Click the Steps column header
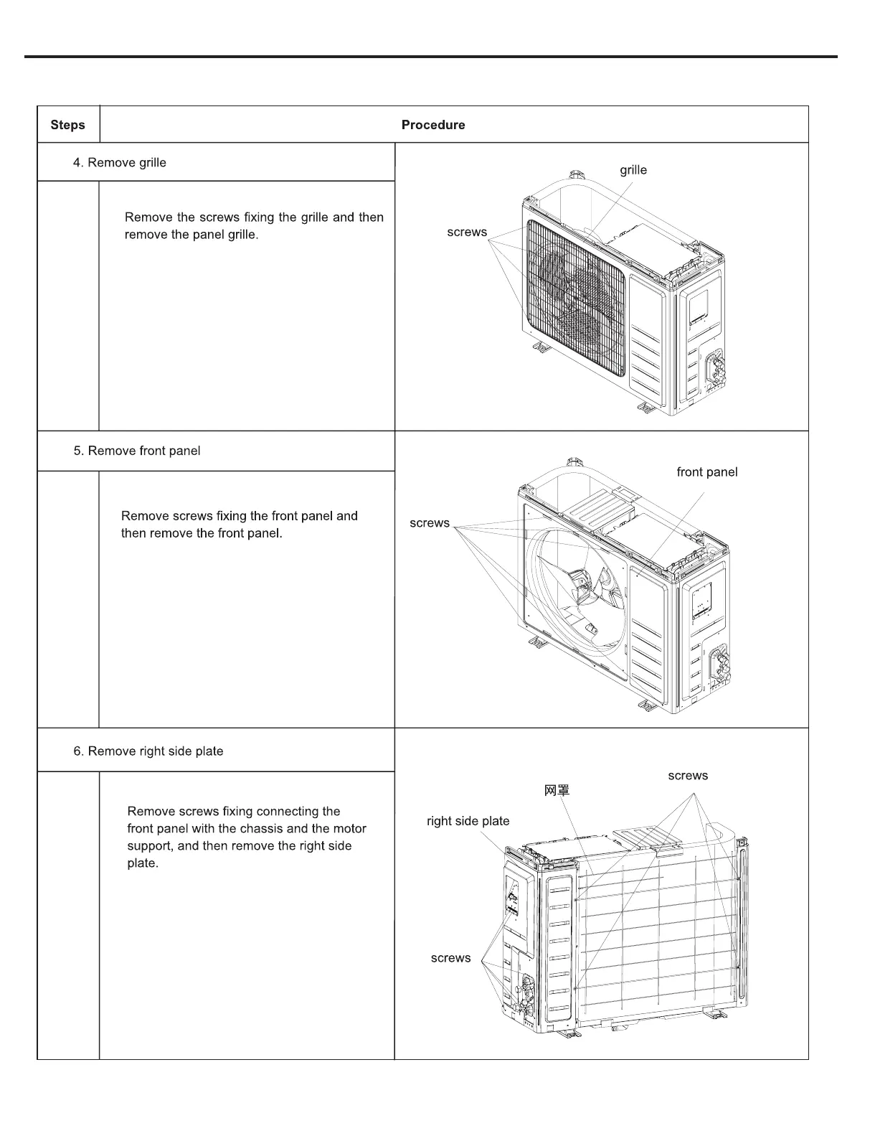67,125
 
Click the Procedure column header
432,125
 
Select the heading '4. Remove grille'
119,163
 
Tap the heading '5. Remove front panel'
136,451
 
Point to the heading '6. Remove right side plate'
148,751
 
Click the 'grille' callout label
633,170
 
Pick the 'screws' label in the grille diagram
466,232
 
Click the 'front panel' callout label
706,472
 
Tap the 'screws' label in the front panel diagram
429,523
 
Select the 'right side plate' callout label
468,821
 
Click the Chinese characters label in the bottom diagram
557,791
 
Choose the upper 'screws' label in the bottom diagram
687,776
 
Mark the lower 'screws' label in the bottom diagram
450,958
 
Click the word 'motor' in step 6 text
349,829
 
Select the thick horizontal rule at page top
430,56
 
